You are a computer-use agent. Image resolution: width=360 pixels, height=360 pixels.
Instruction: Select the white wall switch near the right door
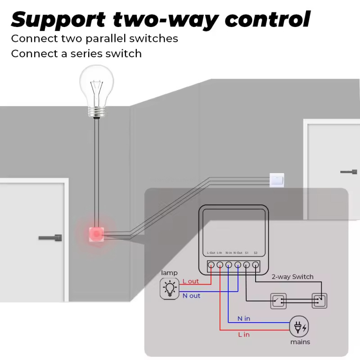[276, 180]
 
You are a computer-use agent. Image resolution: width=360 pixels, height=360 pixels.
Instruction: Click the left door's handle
[50, 237]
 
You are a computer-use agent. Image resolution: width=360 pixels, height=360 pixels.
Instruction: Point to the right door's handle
[349, 171]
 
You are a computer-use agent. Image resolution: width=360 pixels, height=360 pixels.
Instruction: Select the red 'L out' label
[190, 281]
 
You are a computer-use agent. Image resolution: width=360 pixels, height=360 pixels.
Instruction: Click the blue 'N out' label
[191, 296]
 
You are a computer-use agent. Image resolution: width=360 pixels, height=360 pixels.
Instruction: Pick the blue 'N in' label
[244, 319]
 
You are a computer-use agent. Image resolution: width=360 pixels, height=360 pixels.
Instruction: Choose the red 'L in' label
[243, 334]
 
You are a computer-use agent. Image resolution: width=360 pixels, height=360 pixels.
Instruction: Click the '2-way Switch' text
[292, 277]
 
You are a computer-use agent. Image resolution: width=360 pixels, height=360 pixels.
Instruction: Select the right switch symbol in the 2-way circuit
[319, 300]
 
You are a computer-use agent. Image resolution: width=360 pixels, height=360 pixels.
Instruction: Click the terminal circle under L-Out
[211, 265]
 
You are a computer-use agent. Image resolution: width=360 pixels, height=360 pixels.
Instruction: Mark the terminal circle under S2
[256, 265]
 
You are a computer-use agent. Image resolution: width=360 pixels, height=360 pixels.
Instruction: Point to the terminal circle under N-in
[229, 265]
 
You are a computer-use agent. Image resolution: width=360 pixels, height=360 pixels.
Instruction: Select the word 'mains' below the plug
[300, 342]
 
